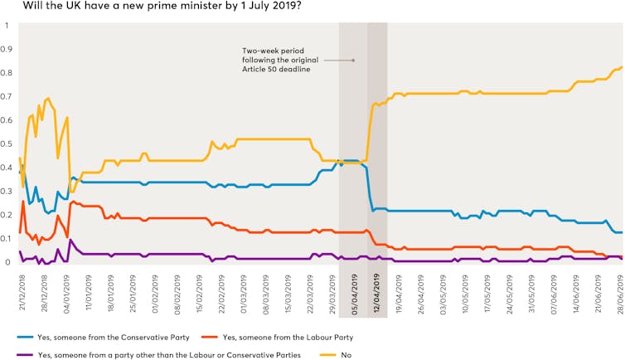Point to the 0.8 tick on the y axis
7,73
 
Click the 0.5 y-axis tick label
7,144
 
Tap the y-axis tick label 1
7,25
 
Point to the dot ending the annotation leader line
354,61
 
